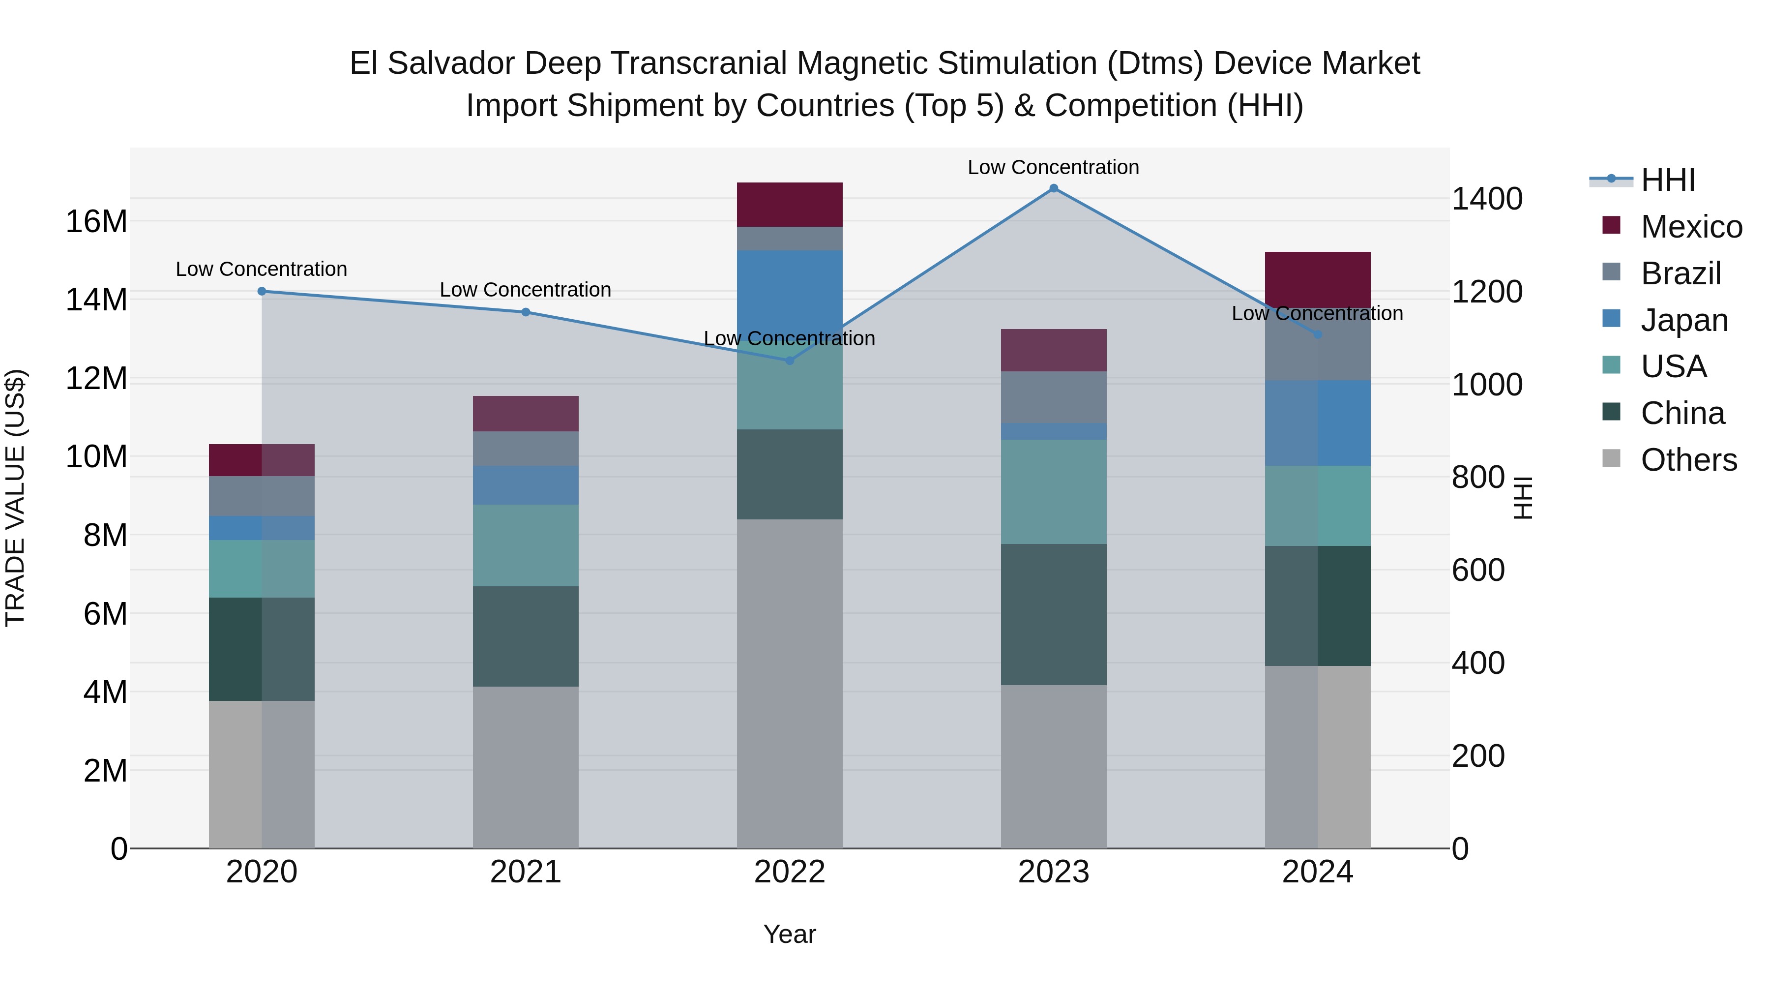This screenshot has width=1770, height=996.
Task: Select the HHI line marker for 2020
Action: [262, 292]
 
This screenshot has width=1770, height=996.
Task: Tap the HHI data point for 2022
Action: [790, 360]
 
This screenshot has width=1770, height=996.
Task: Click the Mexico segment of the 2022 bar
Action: [790, 205]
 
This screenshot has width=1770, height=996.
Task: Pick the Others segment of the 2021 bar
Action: [526, 767]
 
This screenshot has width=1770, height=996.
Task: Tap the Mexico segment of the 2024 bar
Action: [1317, 279]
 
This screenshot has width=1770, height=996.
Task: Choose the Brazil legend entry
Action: [1680, 273]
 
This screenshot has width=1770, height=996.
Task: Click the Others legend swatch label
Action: [1688, 460]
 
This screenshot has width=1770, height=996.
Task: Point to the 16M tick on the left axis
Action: [96, 221]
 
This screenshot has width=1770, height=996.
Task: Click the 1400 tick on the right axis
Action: [1487, 199]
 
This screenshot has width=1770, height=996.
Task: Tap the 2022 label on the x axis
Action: [790, 872]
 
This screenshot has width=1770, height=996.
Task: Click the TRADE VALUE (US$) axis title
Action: [15, 498]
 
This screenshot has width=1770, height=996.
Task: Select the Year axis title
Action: [790, 934]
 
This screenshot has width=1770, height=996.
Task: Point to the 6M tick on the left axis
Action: [105, 613]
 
